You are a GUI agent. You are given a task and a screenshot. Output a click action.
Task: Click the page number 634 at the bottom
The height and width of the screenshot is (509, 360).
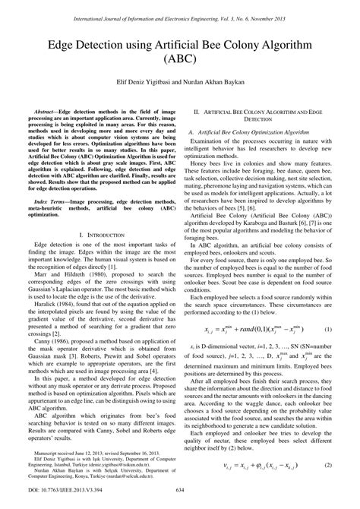pos(181,501)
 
